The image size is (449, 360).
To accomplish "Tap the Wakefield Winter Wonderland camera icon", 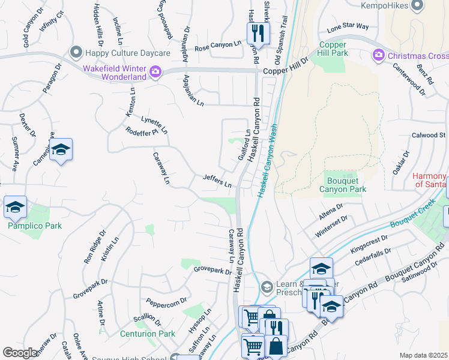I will (155, 73).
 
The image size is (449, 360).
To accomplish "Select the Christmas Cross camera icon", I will (379, 56).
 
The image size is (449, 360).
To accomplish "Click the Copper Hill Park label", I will (334, 49).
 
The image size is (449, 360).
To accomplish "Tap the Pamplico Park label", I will (34, 226).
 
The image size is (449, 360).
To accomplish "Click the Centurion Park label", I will (147, 334).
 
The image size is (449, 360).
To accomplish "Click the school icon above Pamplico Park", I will (15, 207).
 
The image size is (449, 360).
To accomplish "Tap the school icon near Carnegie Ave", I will (61, 150).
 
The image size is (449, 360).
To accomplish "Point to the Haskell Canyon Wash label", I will (268, 160).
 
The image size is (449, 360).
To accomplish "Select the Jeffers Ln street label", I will (217, 181).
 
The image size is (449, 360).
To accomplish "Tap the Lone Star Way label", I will (348, 27).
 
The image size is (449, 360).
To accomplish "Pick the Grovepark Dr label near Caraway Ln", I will (212, 271).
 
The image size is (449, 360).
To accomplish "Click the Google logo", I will (20, 353).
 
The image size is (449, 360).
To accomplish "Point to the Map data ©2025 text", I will (423, 355).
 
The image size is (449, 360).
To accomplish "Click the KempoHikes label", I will (409, 6).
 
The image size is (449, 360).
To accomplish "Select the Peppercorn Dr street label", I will (162, 304).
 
